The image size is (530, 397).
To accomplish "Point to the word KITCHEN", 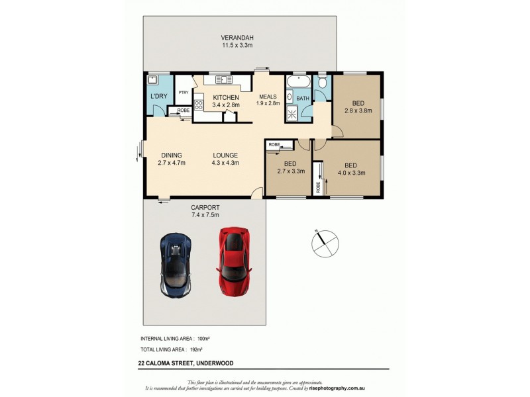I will pyautogui.click(x=225, y=97).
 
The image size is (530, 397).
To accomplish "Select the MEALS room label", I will pyautogui.click(x=268, y=96).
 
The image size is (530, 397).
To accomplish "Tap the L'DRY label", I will pyautogui.click(x=159, y=97).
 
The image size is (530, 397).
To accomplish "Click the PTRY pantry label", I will pyautogui.click(x=184, y=92).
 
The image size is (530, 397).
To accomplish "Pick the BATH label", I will pyautogui.click(x=303, y=99).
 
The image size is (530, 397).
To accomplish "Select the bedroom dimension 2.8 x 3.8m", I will pyautogui.click(x=358, y=110).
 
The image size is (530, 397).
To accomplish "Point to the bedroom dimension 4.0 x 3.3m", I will pyautogui.click(x=352, y=173).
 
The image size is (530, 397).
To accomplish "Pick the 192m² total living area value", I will pyautogui.click(x=196, y=349).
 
